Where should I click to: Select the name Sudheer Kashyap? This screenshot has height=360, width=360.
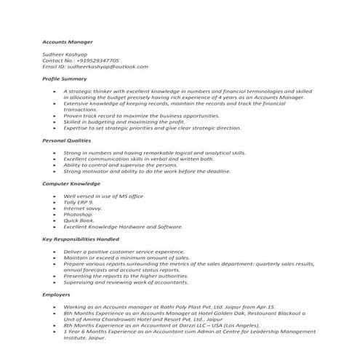point(66,54)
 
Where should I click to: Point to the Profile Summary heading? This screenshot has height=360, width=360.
point(65,79)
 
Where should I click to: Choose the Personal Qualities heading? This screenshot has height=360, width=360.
point(68,140)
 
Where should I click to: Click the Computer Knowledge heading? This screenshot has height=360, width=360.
point(71,185)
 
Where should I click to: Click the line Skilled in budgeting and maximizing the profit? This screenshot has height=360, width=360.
point(125,121)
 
